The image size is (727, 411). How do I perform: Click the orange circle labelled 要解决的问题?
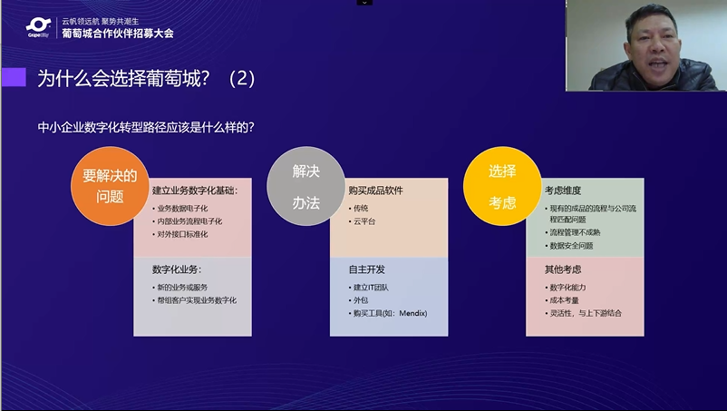110,186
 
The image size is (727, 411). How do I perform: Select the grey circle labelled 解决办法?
306,186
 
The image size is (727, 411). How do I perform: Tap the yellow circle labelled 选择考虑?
502,186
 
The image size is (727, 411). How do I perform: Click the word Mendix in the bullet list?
413,313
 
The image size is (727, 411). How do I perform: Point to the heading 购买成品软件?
375,191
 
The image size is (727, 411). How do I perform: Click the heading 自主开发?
367,269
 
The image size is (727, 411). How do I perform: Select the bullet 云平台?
364,221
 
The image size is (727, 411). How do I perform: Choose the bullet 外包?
361,300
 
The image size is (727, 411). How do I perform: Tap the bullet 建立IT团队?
371,287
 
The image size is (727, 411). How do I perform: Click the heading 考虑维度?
563,191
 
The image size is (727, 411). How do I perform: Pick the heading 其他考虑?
563,269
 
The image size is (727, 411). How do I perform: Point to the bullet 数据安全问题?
571,245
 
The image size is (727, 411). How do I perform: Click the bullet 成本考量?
564,300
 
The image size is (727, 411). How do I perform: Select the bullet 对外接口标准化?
182,234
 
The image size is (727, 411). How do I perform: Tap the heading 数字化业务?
177,269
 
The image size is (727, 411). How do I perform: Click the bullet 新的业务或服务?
182,287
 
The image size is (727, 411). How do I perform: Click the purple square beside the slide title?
14,77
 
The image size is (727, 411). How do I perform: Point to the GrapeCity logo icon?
38,27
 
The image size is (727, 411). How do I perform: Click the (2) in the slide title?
242,78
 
